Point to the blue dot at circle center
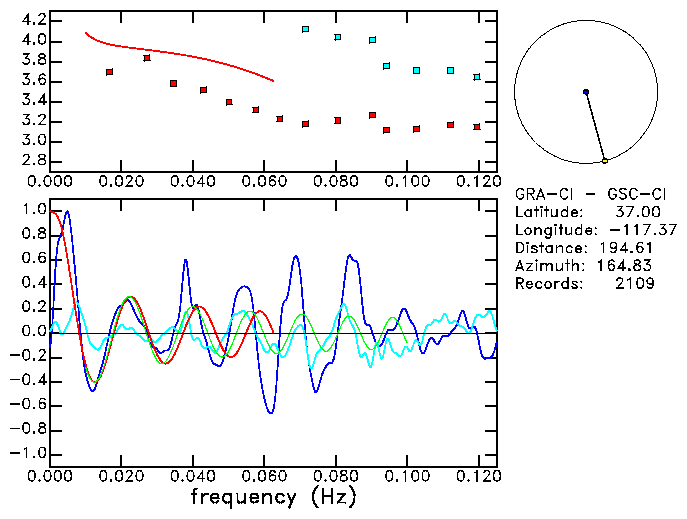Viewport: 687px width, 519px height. pyautogui.click(x=586, y=92)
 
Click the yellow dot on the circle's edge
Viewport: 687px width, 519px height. pyautogui.click(x=605, y=160)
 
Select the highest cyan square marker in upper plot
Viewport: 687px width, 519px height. pyautogui.click(x=305, y=30)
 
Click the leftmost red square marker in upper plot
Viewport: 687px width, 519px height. pyautogui.click(x=109, y=72)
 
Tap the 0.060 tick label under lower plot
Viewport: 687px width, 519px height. pyautogui.click(x=263, y=476)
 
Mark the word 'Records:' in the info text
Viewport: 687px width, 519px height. pyautogui.click(x=546, y=284)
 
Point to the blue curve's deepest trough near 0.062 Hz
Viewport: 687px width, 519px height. pyautogui.click(x=270, y=412)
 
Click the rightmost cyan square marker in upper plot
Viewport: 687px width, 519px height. pyautogui.click(x=477, y=77)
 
